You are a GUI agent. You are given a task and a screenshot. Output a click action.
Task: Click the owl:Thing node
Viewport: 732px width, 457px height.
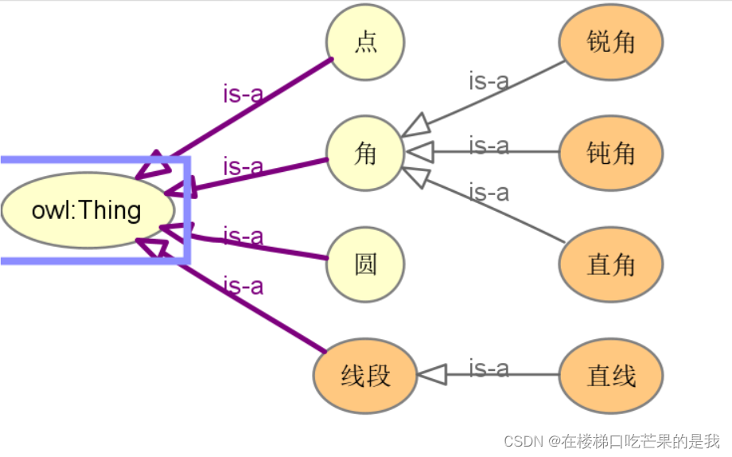pyautogui.click(x=87, y=210)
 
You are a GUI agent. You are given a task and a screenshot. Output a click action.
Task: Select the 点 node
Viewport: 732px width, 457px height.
pyautogui.click(x=365, y=41)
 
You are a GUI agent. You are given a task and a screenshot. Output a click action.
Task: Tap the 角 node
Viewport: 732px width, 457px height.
pyautogui.click(x=365, y=153)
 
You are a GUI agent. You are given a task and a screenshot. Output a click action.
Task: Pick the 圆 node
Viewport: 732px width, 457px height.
pyautogui.click(x=365, y=264)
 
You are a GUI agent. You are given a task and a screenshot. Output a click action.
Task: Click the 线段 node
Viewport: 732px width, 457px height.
pyautogui.click(x=365, y=375)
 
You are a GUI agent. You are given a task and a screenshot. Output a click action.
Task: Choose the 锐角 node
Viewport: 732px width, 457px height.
pyautogui.click(x=610, y=41)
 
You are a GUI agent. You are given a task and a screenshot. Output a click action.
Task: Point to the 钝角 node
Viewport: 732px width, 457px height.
pyautogui.click(x=610, y=153)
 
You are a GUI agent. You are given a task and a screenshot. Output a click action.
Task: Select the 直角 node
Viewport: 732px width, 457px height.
pyautogui.click(x=610, y=264)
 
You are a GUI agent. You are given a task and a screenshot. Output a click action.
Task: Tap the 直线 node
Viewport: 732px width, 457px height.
pyautogui.click(x=610, y=375)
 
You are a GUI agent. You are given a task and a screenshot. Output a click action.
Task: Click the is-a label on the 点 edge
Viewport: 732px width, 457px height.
pyautogui.click(x=243, y=94)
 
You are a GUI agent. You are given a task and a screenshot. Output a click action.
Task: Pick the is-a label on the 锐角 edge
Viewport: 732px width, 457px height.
pyautogui.click(x=489, y=80)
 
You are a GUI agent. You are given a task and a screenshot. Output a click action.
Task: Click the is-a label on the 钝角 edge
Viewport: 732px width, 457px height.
pyautogui.click(x=489, y=146)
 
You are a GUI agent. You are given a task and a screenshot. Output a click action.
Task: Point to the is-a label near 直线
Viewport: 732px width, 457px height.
pyautogui.click(x=489, y=369)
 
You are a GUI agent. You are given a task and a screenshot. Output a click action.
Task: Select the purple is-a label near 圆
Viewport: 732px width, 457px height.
pyautogui.click(x=243, y=236)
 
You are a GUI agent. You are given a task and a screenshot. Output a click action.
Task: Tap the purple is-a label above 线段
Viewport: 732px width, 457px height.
pyautogui.click(x=243, y=285)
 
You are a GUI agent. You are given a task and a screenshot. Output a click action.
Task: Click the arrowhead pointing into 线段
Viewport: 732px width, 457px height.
pyautogui.click(x=431, y=375)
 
